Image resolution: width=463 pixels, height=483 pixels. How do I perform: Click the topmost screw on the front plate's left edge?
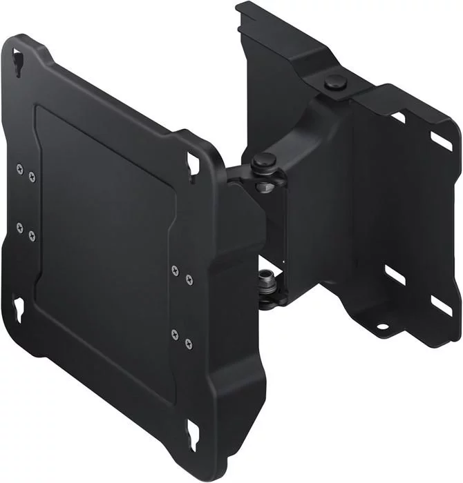(x=19, y=166)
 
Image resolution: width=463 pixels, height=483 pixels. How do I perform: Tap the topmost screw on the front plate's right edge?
(x=174, y=268)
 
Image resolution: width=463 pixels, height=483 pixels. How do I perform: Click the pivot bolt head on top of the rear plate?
(x=334, y=81)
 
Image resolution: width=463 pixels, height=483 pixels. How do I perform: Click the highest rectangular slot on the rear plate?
(x=397, y=117)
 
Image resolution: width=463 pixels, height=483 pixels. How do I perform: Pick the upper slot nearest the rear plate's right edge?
(x=441, y=141)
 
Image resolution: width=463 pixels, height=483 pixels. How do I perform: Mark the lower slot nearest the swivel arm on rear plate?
(x=394, y=275)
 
